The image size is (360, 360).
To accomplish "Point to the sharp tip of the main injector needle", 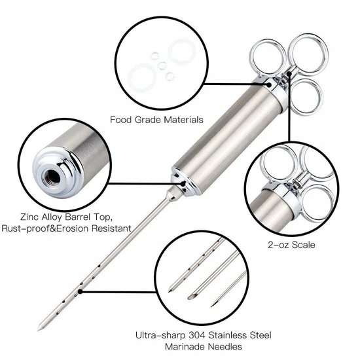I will pyautogui.click(x=40, y=327).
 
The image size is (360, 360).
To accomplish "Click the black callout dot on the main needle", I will pyautogui.click(x=80, y=291).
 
